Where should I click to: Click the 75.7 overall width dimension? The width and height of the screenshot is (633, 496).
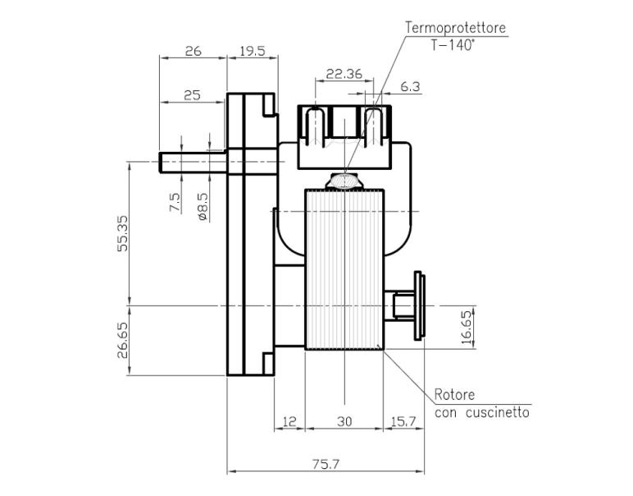click(x=326, y=464)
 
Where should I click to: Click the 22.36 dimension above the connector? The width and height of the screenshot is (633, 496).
click(x=344, y=74)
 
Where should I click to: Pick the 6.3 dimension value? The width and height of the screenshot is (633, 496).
click(x=410, y=86)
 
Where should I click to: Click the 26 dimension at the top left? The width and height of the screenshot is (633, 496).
click(x=193, y=51)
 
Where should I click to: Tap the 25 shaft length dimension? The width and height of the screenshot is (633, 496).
click(x=192, y=95)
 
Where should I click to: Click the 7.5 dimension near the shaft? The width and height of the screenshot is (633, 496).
click(x=175, y=203)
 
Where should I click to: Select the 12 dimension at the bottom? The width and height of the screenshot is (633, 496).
click(x=289, y=421)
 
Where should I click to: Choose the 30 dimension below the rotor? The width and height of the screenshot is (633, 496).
click(x=344, y=421)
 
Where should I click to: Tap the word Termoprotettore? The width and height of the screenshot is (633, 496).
click(x=455, y=27)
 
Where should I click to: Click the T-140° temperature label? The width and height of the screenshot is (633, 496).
click(x=452, y=46)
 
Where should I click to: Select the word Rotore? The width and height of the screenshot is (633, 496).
click(x=455, y=395)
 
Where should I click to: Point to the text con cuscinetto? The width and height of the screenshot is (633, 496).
click(x=481, y=412)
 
